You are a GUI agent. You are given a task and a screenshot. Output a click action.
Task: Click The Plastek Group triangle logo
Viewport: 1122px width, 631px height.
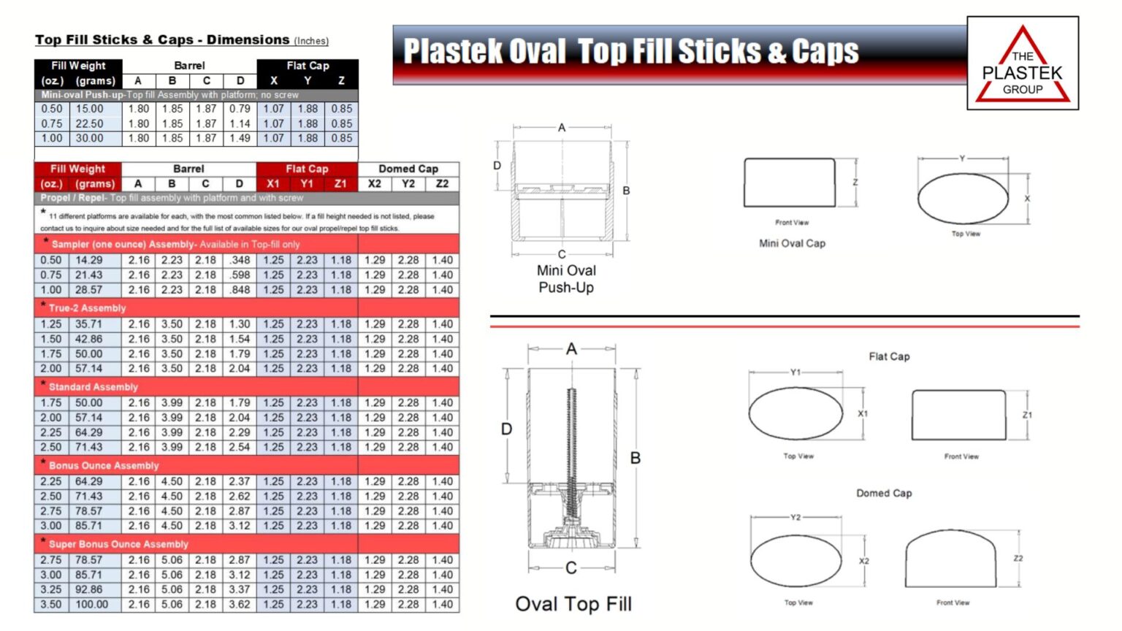1023,64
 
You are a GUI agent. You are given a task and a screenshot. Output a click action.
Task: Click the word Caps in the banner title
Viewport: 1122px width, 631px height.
825,52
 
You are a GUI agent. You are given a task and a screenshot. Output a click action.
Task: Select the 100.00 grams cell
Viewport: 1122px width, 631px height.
91,605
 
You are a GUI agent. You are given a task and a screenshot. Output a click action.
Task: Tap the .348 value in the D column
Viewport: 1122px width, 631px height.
240,260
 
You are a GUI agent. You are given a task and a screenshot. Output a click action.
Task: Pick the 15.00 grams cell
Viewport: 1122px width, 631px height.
90,109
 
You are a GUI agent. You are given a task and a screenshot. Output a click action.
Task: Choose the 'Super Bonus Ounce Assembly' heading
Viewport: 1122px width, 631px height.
118,544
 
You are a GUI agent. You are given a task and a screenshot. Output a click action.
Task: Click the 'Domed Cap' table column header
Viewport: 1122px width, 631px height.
408,169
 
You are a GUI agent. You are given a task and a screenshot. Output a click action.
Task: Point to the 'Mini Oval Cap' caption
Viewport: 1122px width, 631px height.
792,243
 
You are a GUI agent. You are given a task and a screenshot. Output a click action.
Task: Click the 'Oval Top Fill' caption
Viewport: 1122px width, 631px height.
573,604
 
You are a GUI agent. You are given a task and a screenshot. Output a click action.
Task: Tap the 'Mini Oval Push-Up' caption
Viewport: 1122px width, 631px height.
566,279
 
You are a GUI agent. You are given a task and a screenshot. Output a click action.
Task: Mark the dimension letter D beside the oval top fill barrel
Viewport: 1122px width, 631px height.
506,429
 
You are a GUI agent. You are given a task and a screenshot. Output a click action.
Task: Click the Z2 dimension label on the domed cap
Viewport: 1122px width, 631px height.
1018,559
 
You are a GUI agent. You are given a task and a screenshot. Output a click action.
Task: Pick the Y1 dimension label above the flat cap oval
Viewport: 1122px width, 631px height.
795,372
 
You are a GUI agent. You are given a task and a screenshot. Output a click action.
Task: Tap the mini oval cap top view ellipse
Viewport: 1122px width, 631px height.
963,199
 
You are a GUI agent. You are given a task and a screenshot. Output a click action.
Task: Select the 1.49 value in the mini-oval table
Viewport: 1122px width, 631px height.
240,138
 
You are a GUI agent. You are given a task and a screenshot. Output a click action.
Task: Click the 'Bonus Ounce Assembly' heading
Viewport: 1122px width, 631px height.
104,465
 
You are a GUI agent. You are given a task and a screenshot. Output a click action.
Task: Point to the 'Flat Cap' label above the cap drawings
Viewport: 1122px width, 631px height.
889,356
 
